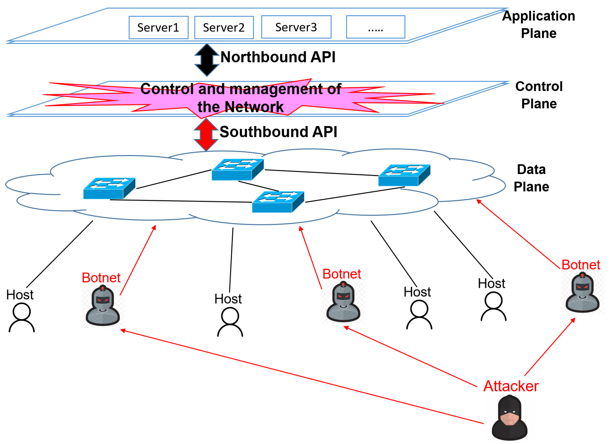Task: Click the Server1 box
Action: pyautogui.click(x=158, y=28)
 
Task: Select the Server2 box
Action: pyautogui.click(x=224, y=28)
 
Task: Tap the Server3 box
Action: pyautogui.click(x=296, y=27)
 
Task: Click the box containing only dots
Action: pyautogui.click(x=375, y=27)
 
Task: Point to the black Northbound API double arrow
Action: pyautogui.click(x=207, y=60)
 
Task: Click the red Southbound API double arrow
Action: pyautogui.click(x=206, y=134)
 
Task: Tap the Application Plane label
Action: pyautogui.click(x=538, y=24)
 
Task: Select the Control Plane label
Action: pyautogui.click(x=539, y=95)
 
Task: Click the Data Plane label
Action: pyautogui.click(x=531, y=178)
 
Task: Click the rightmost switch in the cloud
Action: pyautogui.click(x=404, y=175)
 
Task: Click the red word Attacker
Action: pyautogui.click(x=511, y=386)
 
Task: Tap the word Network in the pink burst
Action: pyautogui.click(x=254, y=107)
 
